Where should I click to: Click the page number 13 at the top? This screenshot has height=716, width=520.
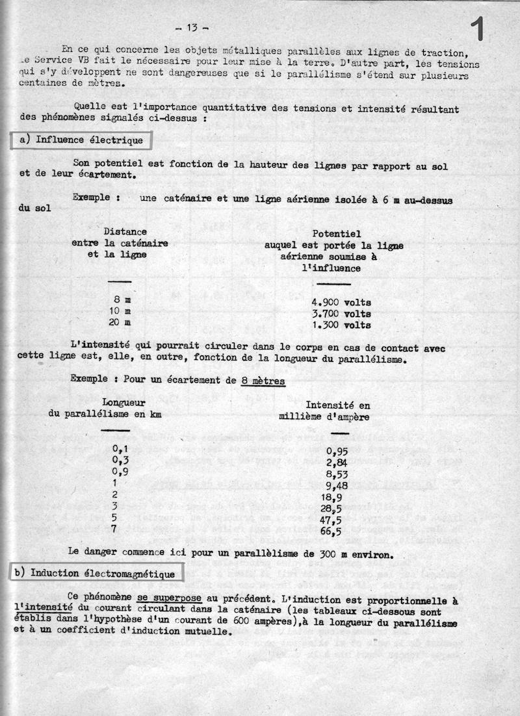click(192, 27)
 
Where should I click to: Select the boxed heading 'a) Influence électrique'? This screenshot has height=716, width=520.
click(81, 139)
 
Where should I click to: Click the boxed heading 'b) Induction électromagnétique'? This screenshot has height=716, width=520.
click(96, 574)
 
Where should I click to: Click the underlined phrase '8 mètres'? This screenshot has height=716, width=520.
click(263, 381)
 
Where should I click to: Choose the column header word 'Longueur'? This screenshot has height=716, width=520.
click(123, 403)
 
